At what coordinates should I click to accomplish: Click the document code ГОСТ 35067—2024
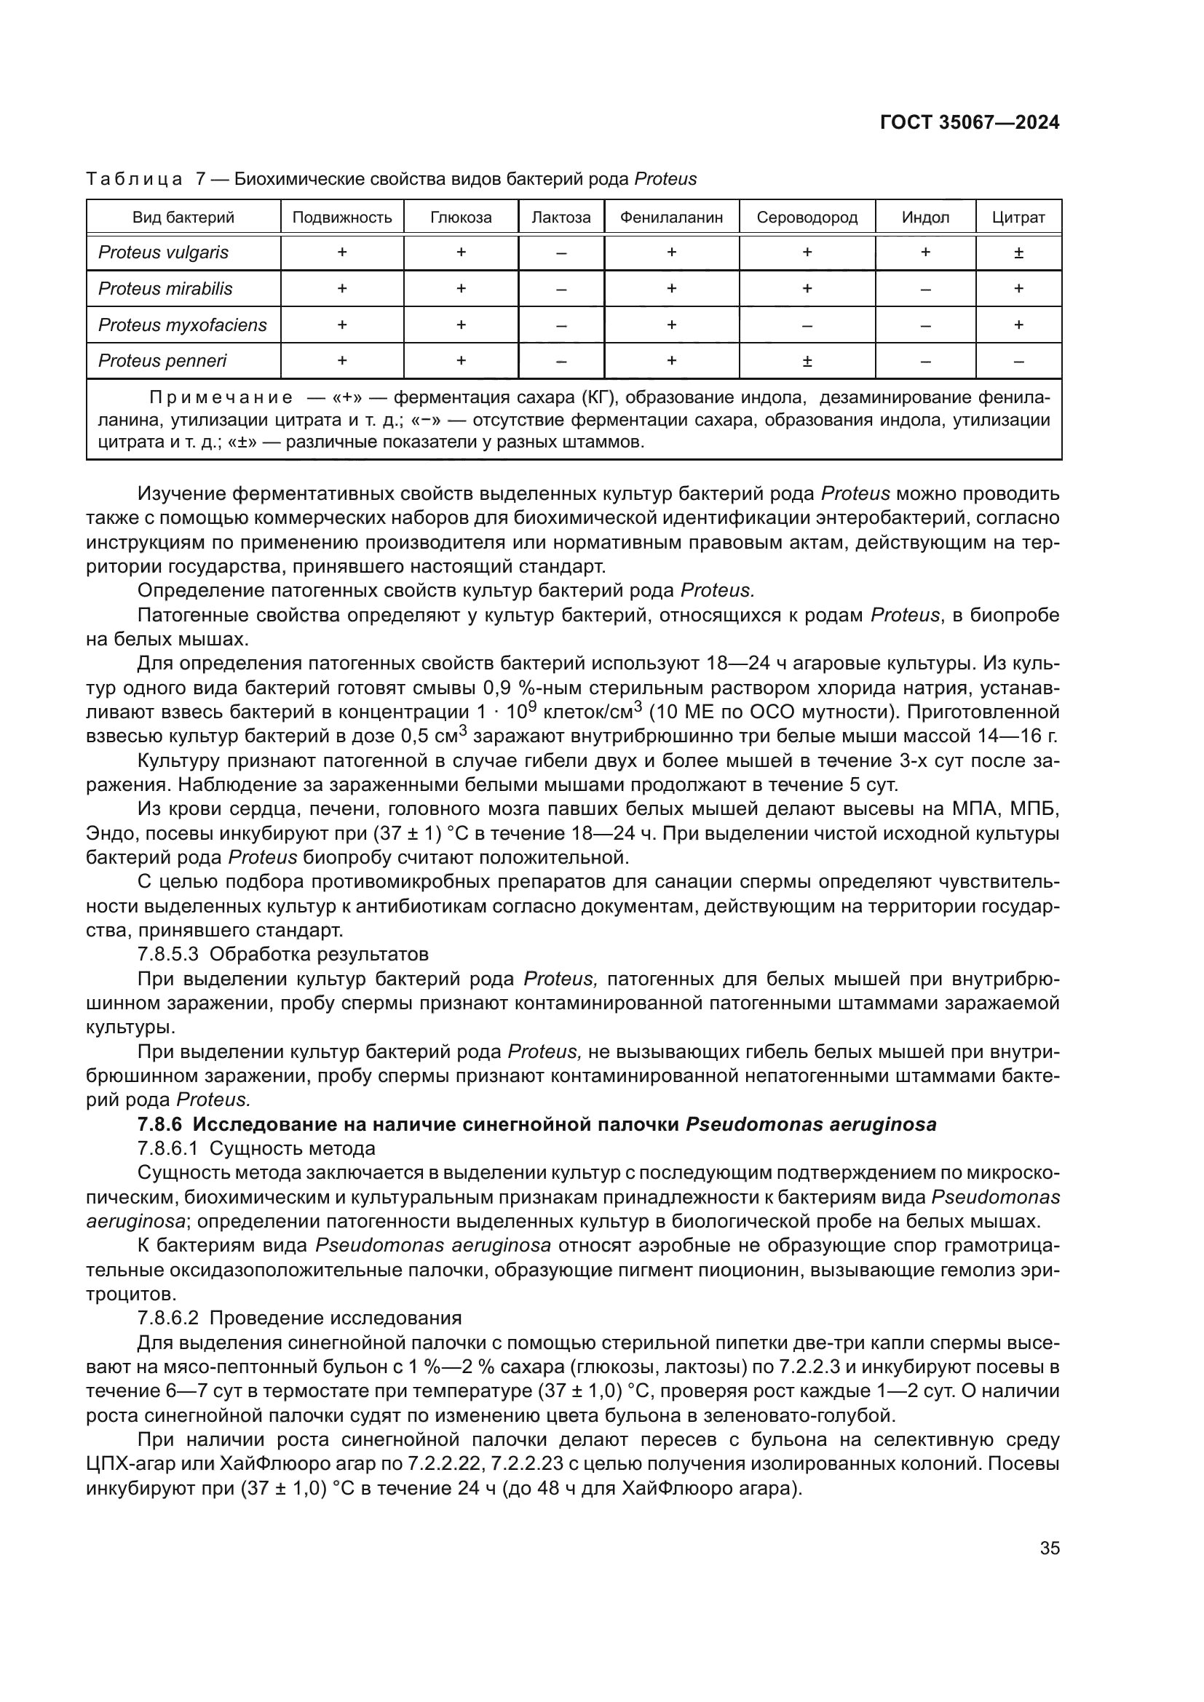(970, 123)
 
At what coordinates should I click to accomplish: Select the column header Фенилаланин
(671, 218)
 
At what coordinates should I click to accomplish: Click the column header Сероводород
(807, 218)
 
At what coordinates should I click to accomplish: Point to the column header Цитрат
(1018, 218)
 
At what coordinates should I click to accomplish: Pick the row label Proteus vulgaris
(163, 252)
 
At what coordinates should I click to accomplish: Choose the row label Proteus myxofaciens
(183, 325)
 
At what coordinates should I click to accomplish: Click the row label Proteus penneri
(162, 361)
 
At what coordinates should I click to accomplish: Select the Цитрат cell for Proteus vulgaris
(1018, 252)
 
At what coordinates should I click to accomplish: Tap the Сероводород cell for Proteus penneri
(807, 362)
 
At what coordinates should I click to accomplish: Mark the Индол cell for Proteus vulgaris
(925, 252)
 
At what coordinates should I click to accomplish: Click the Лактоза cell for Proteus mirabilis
(561, 289)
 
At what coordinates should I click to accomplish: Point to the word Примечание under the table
(220, 398)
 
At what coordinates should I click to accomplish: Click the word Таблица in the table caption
(134, 180)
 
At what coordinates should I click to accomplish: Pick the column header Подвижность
(342, 218)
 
